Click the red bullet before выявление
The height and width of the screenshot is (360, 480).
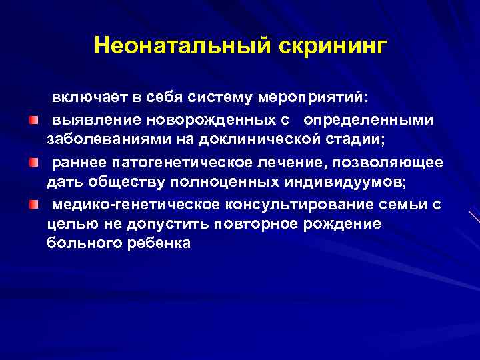[x=33, y=120]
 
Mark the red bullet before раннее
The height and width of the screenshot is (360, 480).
[x=33, y=162]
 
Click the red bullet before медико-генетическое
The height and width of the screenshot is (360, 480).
[x=33, y=204]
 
